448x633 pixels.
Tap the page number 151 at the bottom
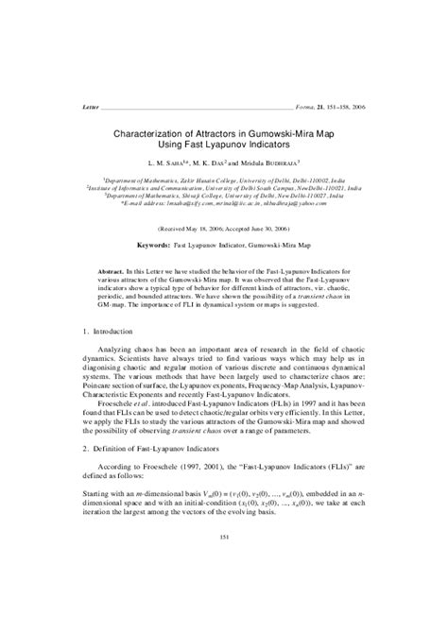[x=225, y=537]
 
